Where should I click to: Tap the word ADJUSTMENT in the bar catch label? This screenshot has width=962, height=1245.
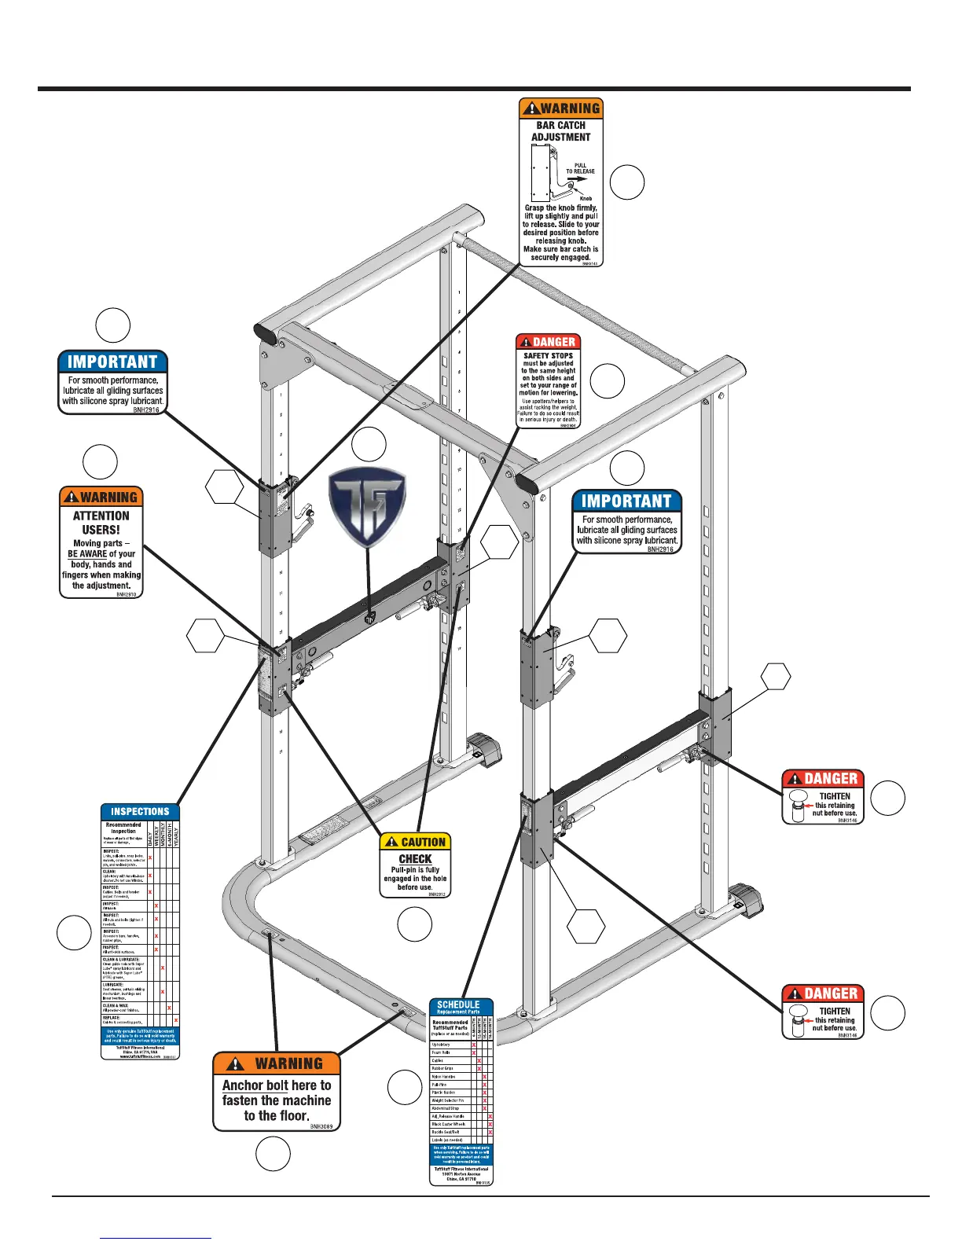tap(560, 137)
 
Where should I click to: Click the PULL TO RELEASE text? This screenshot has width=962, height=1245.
tap(580, 168)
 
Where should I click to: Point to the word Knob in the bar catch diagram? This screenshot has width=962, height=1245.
tap(586, 198)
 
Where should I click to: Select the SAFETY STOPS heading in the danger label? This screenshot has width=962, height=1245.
tap(549, 356)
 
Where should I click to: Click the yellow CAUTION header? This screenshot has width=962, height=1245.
tap(416, 842)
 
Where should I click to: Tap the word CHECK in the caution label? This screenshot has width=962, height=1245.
tap(415, 859)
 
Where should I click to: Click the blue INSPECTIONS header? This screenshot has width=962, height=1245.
tap(140, 811)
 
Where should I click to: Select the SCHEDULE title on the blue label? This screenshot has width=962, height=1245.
tap(458, 1004)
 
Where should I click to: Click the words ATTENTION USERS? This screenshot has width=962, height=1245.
tap(101, 523)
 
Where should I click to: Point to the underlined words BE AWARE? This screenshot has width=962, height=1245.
tap(86, 554)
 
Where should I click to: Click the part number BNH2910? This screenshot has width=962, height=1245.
tap(126, 595)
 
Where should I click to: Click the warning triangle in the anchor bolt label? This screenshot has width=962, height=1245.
tap(234, 1064)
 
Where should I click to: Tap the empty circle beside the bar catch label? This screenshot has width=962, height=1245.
tap(627, 182)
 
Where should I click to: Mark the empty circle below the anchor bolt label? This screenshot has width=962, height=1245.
tap(273, 1155)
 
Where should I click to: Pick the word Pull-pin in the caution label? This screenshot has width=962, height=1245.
tap(404, 870)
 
